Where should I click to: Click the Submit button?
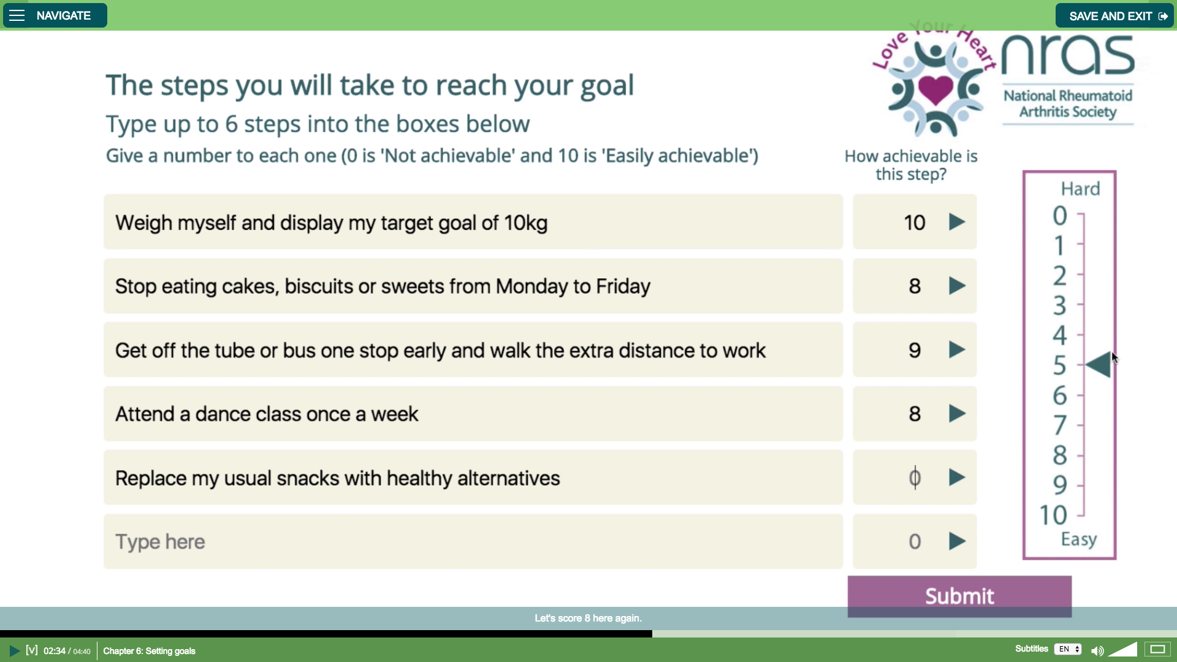pyautogui.click(x=959, y=596)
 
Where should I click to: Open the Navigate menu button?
pyautogui.click(x=55, y=15)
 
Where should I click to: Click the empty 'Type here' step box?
pyautogui.click(x=473, y=541)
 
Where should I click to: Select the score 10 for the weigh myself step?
pyautogui.click(x=915, y=223)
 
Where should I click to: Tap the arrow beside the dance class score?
pyautogui.click(x=957, y=414)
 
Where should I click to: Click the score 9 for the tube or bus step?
pyautogui.click(x=915, y=350)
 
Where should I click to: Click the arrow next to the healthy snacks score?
pyautogui.click(x=957, y=477)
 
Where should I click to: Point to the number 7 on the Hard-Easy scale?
pyautogui.click(x=1060, y=425)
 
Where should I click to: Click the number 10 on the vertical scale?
pyautogui.click(x=1053, y=515)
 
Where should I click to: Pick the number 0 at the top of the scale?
pyautogui.click(x=1060, y=215)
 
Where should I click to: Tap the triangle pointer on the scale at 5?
pyautogui.click(x=1098, y=365)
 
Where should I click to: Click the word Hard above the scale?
pyautogui.click(x=1080, y=189)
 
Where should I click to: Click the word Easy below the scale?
pyautogui.click(x=1079, y=539)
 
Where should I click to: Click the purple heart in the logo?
pyautogui.click(x=935, y=89)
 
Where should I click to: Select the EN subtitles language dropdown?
pyautogui.click(x=1068, y=649)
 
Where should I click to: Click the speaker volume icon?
pyautogui.click(x=1097, y=650)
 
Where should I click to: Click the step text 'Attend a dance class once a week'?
pyautogui.click(x=267, y=414)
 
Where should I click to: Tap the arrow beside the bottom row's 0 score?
pyautogui.click(x=957, y=541)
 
